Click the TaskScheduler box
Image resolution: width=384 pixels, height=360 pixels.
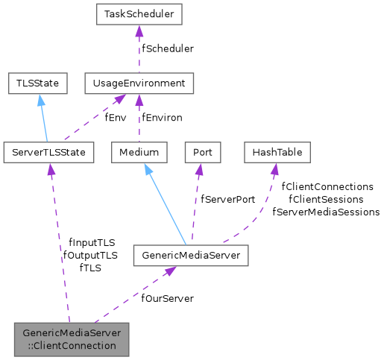[x=139, y=14]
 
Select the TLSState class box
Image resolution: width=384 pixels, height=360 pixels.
[x=37, y=83]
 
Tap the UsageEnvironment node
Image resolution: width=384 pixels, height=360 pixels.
[x=139, y=83]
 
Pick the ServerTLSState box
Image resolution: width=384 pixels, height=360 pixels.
[x=48, y=152]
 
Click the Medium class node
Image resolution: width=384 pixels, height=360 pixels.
[x=139, y=152]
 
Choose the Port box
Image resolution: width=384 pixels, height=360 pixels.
[x=202, y=152]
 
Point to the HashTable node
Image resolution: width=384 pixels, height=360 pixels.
[x=277, y=152]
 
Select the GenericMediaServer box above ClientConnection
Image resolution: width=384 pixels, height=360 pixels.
[x=190, y=256]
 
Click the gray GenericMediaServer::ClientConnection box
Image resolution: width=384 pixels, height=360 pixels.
[x=72, y=339]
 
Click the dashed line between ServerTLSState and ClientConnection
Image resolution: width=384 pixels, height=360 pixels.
[x=60, y=246]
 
